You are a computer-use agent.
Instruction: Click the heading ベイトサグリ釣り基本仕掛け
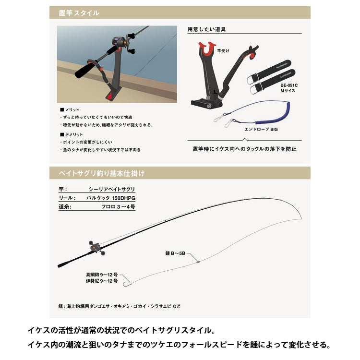point(98,173)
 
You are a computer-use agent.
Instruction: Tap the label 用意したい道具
point(206,29)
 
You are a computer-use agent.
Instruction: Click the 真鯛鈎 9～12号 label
point(102,274)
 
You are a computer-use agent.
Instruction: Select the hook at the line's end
point(126,285)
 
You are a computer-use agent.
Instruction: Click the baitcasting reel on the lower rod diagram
point(96,247)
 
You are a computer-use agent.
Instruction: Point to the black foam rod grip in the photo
point(86,69)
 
